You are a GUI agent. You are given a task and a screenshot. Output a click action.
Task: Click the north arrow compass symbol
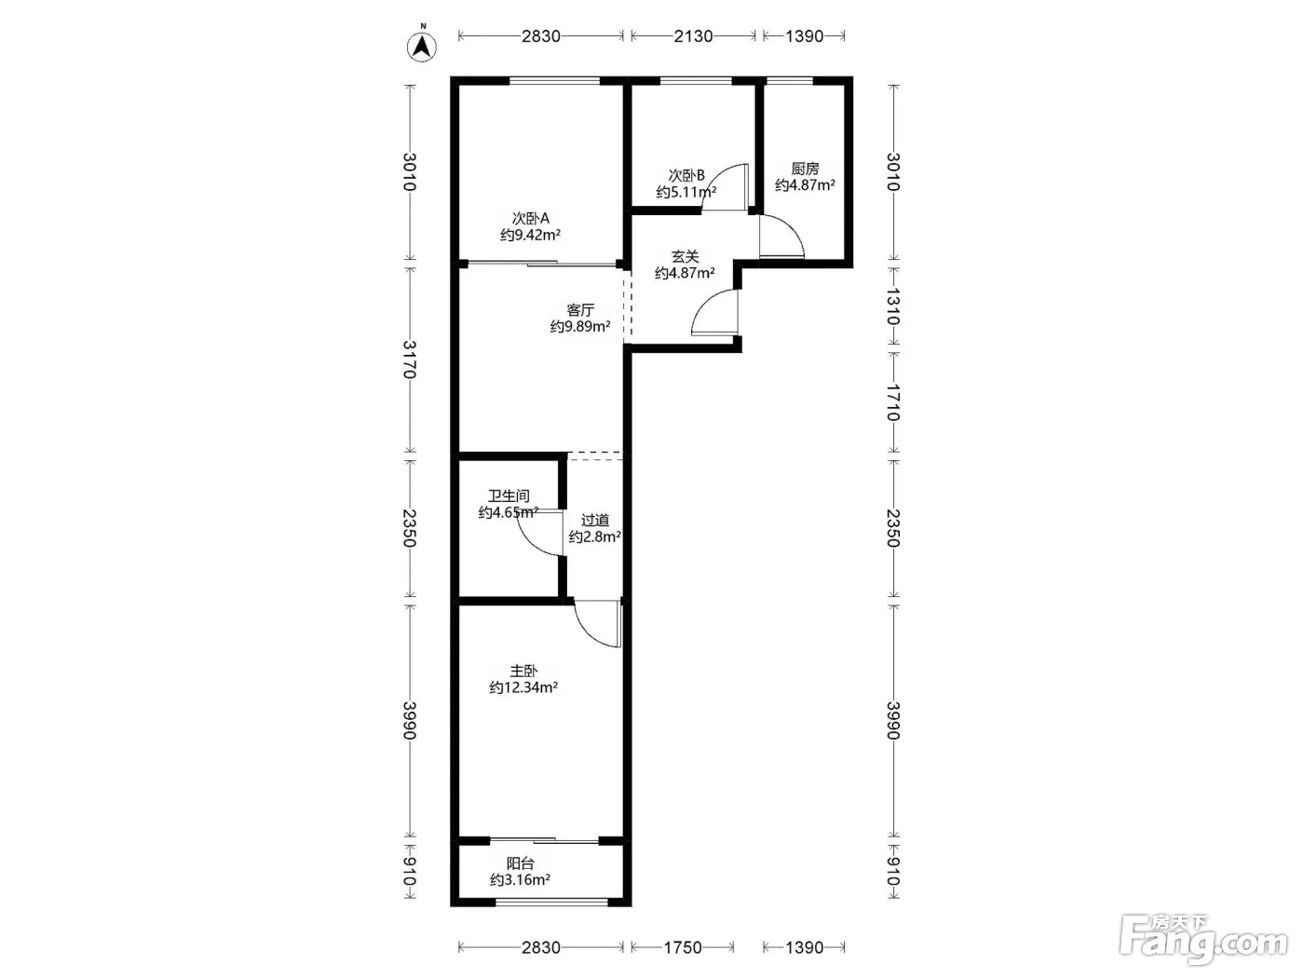pyautogui.click(x=421, y=45)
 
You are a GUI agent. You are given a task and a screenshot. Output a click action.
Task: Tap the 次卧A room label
pyautogui.click(x=531, y=218)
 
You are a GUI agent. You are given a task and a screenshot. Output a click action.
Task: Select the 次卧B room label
pyautogui.click(x=686, y=175)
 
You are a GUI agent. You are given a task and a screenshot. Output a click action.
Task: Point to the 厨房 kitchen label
pyautogui.click(x=805, y=169)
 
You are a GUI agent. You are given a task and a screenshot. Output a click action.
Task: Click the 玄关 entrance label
pyautogui.click(x=685, y=256)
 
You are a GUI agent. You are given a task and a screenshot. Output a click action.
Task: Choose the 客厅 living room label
pyautogui.click(x=580, y=309)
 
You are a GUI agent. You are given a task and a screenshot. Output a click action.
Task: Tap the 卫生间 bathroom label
pyautogui.click(x=509, y=496)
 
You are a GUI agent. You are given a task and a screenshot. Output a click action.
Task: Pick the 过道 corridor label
pyautogui.click(x=594, y=520)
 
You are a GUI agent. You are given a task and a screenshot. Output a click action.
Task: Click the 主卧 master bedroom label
pyautogui.click(x=523, y=671)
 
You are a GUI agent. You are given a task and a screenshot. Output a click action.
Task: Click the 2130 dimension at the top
pyautogui.click(x=693, y=36)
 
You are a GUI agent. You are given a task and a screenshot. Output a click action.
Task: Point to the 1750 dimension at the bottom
pyautogui.click(x=683, y=947)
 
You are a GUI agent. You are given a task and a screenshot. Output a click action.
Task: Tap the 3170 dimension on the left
pyautogui.click(x=410, y=360)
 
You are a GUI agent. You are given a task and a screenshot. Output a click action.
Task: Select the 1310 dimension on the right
pyautogui.click(x=893, y=306)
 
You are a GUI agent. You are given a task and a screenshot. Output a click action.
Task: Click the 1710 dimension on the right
pyautogui.click(x=893, y=402)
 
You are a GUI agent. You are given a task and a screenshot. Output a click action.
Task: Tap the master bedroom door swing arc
pyautogui.click(x=587, y=632)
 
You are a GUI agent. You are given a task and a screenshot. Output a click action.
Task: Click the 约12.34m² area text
pyautogui.click(x=523, y=687)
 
